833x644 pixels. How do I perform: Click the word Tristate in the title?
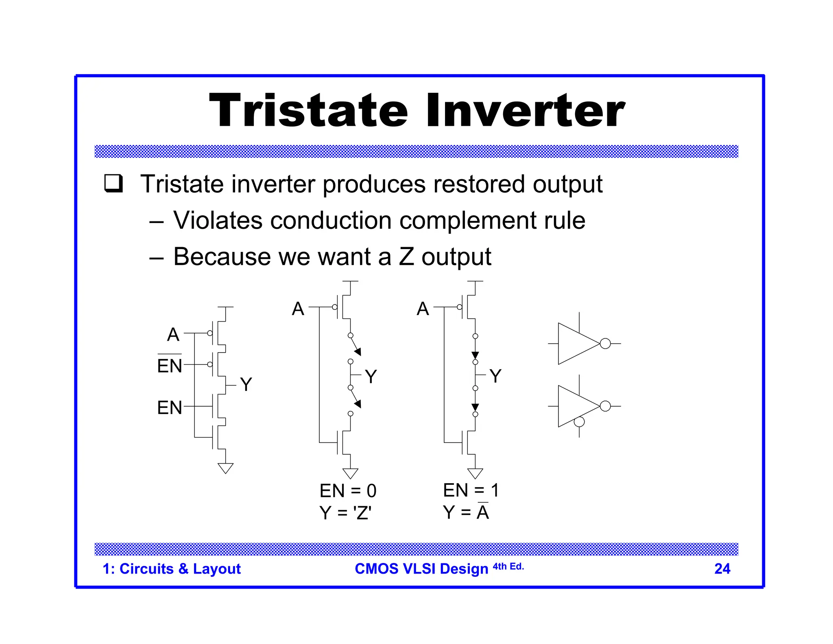point(308,111)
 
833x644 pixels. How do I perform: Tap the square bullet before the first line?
point(113,184)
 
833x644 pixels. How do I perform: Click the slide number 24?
point(722,569)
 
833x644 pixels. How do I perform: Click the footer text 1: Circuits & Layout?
point(172,569)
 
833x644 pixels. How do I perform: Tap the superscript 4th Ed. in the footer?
point(508,566)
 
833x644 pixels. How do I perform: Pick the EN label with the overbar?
point(170,366)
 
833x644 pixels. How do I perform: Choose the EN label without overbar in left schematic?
point(170,407)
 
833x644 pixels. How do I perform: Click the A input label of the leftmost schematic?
point(173,335)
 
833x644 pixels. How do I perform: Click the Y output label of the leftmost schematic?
point(246,384)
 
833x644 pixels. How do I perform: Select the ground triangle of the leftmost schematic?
point(225,468)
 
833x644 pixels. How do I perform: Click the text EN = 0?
point(348,491)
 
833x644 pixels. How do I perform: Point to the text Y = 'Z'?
point(345,513)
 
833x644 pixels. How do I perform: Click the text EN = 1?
point(471,490)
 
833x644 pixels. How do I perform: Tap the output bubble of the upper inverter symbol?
point(605,344)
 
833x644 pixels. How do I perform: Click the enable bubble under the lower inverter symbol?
point(579,422)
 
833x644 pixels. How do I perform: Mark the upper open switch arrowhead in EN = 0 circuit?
point(358,352)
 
